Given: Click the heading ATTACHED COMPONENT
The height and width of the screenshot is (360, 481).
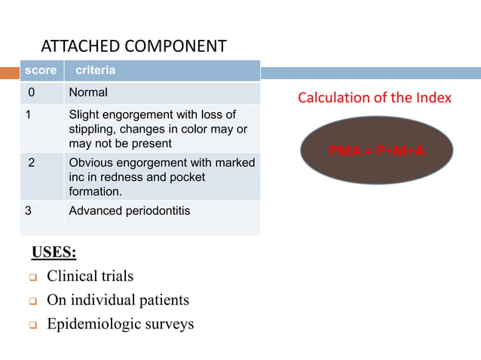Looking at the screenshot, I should point(133,46).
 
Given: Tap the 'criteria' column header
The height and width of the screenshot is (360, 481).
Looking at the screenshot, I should point(95,70).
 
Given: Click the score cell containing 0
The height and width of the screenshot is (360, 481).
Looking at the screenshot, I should point(32,93).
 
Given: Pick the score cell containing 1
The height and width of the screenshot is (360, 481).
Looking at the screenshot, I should point(29,115).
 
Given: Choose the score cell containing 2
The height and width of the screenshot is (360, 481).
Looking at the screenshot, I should point(32,163).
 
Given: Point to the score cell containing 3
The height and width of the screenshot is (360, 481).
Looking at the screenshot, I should point(29,210).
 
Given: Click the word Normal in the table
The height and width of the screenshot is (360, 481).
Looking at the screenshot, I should point(88,93).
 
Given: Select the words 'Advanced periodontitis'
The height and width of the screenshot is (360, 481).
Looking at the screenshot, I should point(129,210).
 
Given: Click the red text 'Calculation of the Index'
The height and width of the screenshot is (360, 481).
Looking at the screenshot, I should point(374,98).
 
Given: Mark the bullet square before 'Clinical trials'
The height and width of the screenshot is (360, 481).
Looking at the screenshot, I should point(33,277).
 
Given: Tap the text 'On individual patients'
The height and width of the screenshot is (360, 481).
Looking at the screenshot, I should point(118,300).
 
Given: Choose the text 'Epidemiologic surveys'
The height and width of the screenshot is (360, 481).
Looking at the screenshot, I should point(120,324).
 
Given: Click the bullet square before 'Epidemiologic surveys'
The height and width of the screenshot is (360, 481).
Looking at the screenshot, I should point(33,325).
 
